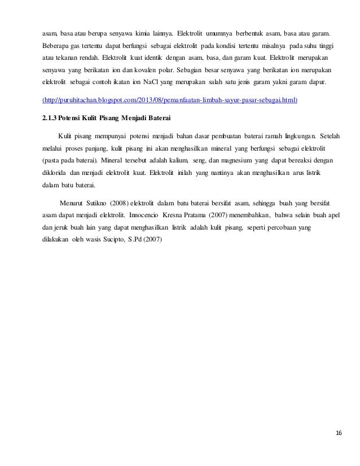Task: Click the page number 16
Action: [339, 433]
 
